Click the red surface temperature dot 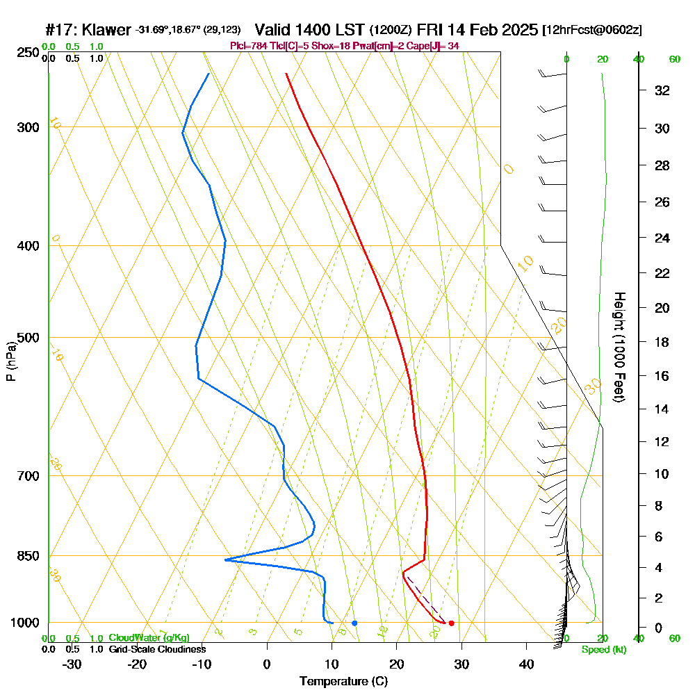(x=451, y=623)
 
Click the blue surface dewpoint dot (x=354, y=623)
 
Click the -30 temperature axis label (x=72, y=664)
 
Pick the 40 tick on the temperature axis (x=526, y=664)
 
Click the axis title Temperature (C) (x=343, y=681)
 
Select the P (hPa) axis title (x=11, y=361)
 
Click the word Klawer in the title (x=106, y=30)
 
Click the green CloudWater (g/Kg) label (x=149, y=638)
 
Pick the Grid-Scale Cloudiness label (x=157, y=649)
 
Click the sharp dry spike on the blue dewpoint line (x=225, y=559)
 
